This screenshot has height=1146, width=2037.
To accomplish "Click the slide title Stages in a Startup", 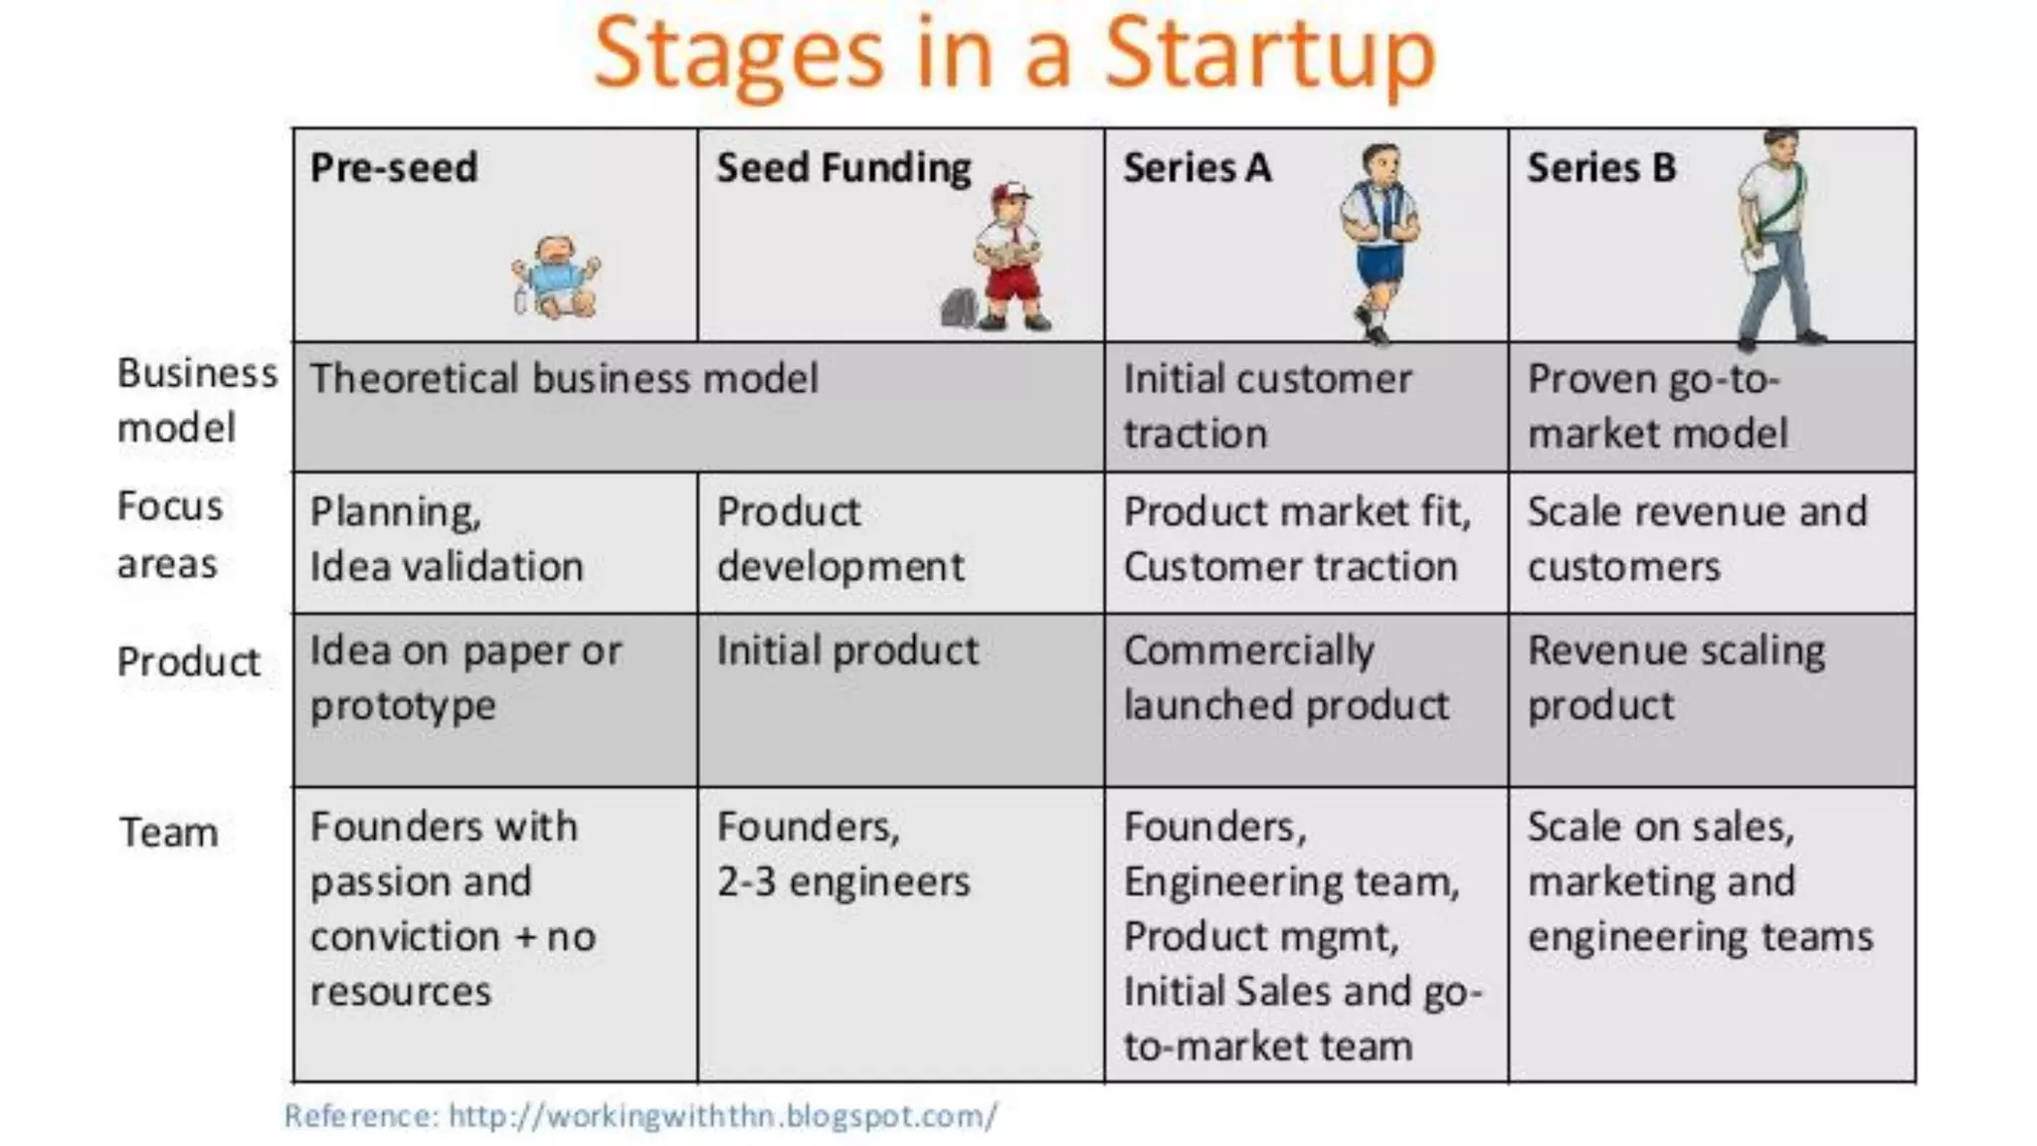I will (1015, 55).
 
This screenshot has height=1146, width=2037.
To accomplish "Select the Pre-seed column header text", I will (394, 167).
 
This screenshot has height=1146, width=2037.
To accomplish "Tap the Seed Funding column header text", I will (843, 167).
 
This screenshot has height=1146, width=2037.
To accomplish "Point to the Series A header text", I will (1197, 167).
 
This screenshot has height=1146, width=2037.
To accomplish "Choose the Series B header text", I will (1601, 167).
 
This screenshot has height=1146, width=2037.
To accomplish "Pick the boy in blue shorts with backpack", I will (1380, 239).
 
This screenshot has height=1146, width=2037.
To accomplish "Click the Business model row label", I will (196, 400).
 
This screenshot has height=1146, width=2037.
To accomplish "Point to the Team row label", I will (168, 832).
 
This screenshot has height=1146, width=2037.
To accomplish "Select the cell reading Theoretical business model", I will (563, 379).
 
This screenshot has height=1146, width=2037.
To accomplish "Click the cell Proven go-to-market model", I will (1657, 406).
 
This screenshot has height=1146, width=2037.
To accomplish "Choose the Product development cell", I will (839, 538).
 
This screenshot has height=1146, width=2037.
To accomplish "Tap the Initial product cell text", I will (847, 651).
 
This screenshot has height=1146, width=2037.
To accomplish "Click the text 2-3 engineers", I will (843, 881).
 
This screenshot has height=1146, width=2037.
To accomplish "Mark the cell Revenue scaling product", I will (1676, 677).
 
